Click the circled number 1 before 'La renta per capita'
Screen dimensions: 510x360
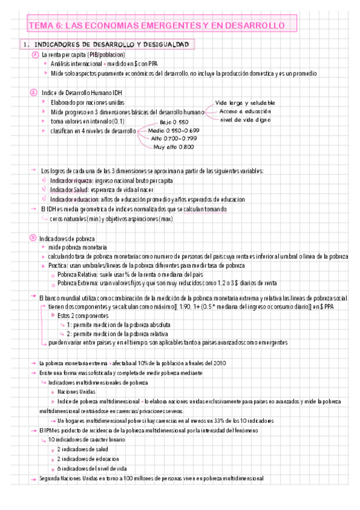(x=34, y=54)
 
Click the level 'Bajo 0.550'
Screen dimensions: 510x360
(x=174, y=122)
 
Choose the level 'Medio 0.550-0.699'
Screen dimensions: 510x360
(x=174, y=130)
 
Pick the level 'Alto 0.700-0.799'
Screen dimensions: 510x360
(x=174, y=138)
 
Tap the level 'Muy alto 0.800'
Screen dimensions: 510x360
(x=173, y=147)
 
